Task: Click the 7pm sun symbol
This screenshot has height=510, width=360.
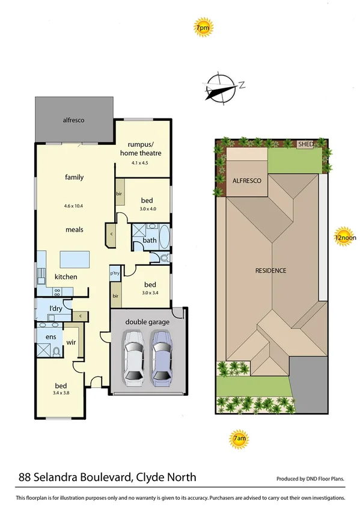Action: pyautogui.click(x=202, y=28)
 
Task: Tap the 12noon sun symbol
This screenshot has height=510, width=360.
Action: pyautogui.click(x=344, y=237)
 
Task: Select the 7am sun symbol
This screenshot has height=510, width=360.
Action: pyautogui.click(x=239, y=440)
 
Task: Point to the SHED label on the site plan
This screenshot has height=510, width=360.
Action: pyautogui.click(x=307, y=144)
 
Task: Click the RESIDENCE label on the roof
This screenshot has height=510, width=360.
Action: pyautogui.click(x=270, y=271)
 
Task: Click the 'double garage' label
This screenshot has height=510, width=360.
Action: pyautogui.click(x=147, y=322)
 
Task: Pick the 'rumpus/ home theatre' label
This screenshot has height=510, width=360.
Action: pyautogui.click(x=145, y=149)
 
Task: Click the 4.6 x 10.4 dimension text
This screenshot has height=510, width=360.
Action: pyautogui.click(x=74, y=206)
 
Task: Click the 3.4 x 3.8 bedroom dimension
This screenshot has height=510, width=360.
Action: pyautogui.click(x=61, y=393)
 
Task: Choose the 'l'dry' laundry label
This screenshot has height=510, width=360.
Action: pyautogui.click(x=55, y=309)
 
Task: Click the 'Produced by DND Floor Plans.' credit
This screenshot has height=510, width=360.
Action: pyautogui.click(x=310, y=479)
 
